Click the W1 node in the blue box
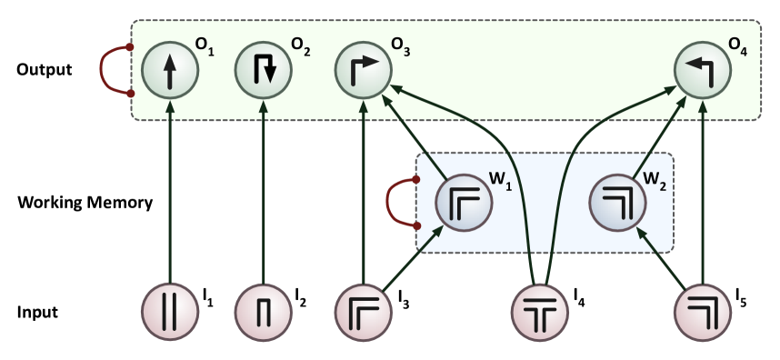(x=464, y=202)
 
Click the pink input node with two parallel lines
(x=170, y=312)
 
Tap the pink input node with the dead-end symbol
(x=264, y=312)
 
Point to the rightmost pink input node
(x=703, y=312)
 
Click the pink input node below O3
(x=364, y=312)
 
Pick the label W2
(x=655, y=179)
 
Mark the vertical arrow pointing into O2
(x=264, y=191)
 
